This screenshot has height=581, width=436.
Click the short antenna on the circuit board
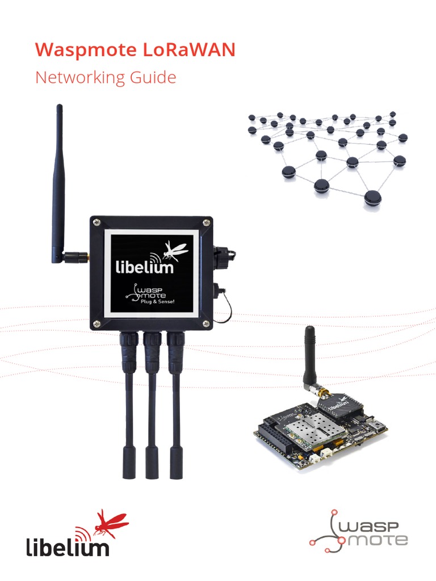pyautogui.click(x=310, y=357)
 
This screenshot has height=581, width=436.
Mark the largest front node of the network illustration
pyautogui.click(x=373, y=198)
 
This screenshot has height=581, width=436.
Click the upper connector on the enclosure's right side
pyautogui.click(x=221, y=252)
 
